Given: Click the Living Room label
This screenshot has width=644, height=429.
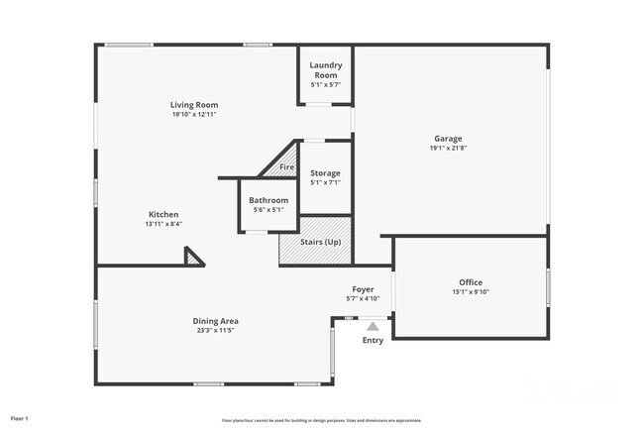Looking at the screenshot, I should [194, 105].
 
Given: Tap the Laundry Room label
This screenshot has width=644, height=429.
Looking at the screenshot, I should [326, 71].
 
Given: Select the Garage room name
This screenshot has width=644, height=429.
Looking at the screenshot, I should [448, 139].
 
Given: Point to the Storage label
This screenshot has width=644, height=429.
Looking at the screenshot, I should [325, 173].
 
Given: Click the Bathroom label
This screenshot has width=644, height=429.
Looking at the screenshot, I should [268, 200].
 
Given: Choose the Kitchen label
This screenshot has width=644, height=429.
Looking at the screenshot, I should [163, 215].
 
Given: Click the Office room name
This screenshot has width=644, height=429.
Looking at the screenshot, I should [471, 282].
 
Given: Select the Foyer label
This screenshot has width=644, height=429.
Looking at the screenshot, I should [363, 289].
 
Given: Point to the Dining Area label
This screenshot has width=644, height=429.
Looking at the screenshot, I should [215, 321].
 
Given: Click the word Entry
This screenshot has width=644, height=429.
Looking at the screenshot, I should [373, 341].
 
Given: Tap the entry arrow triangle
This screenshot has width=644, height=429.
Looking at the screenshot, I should [373, 325].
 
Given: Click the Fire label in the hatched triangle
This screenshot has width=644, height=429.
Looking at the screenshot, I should [286, 167].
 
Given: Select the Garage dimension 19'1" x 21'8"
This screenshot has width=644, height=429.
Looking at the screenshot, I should [448, 149].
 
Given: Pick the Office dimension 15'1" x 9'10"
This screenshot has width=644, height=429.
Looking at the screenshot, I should [471, 291].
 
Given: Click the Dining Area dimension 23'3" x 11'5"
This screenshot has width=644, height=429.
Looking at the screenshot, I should [215, 331].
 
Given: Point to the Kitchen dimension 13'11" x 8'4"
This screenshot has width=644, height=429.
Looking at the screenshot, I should [163, 224].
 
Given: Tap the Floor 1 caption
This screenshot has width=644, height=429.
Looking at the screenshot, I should [20, 418].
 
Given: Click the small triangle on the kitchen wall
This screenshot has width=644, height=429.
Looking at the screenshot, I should [193, 258].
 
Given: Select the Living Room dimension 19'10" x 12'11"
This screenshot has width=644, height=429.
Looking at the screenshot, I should [194, 114].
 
